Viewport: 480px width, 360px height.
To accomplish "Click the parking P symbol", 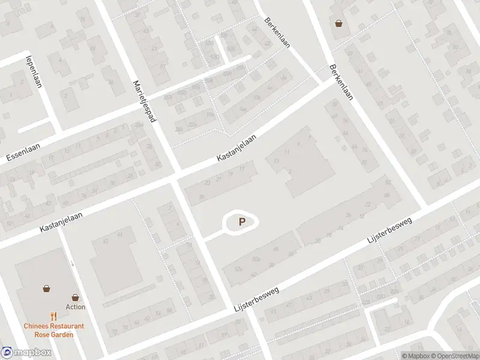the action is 242,222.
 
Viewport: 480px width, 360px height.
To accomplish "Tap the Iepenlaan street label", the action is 32,72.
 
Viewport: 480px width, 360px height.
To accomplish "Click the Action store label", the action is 76,307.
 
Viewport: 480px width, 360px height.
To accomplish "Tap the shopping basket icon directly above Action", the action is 76,297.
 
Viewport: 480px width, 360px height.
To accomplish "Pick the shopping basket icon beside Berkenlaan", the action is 340,24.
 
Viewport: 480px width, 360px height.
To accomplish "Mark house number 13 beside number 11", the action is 276,161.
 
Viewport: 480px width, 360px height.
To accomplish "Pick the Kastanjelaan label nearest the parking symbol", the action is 236,147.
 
